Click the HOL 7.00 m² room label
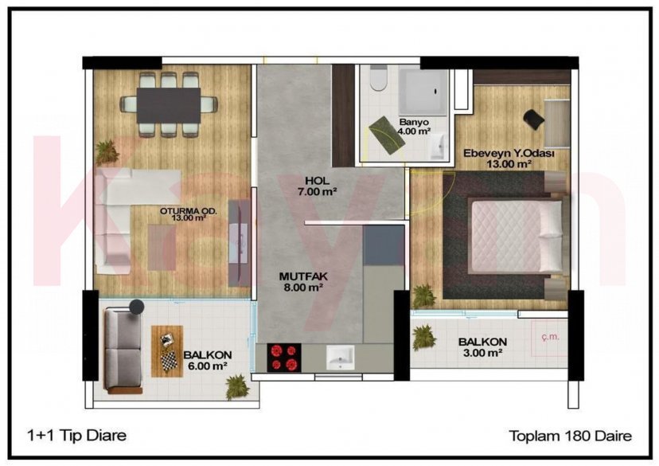tap(306, 186)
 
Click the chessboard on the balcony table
tap(168, 360)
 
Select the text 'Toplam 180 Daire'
tap(570, 435)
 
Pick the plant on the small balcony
tap(424, 338)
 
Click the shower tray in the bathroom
tap(422, 90)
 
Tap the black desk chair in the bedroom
tap(534, 118)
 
